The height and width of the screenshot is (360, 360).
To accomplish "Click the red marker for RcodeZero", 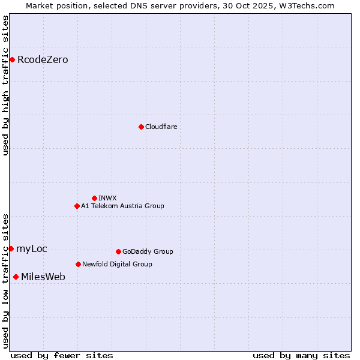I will (x=12, y=59).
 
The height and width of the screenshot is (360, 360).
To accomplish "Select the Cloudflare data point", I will (x=141, y=127).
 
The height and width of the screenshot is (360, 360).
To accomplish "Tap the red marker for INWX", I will (x=94, y=198).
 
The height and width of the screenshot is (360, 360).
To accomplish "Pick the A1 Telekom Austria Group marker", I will (x=77, y=206).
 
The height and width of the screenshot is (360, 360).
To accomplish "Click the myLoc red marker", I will (x=11, y=248).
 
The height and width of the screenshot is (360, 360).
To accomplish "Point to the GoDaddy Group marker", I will (x=118, y=251).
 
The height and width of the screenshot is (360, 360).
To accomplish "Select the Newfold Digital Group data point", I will (x=78, y=264).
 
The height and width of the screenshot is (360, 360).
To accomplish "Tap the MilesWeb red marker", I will (x=16, y=277).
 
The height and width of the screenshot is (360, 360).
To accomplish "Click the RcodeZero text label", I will (x=43, y=60).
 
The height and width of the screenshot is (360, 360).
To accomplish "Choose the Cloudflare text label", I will (x=161, y=127).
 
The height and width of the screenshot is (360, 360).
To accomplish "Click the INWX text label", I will (x=107, y=198).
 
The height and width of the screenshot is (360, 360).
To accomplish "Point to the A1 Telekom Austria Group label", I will (x=122, y=206).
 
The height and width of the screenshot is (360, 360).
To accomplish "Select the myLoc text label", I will (x=32, y=249).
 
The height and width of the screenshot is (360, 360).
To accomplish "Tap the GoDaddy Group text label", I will (x=148, y=251).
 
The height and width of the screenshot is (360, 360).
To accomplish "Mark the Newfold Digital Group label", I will (x=117, y=264).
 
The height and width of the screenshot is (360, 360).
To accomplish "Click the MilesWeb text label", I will (x=43, y=277).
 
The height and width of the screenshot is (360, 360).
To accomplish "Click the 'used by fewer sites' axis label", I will (x=62, y=355).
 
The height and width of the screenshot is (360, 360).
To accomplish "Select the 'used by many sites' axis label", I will (x=301, y=355).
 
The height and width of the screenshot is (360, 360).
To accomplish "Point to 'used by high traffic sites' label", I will (x=5, y=85).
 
